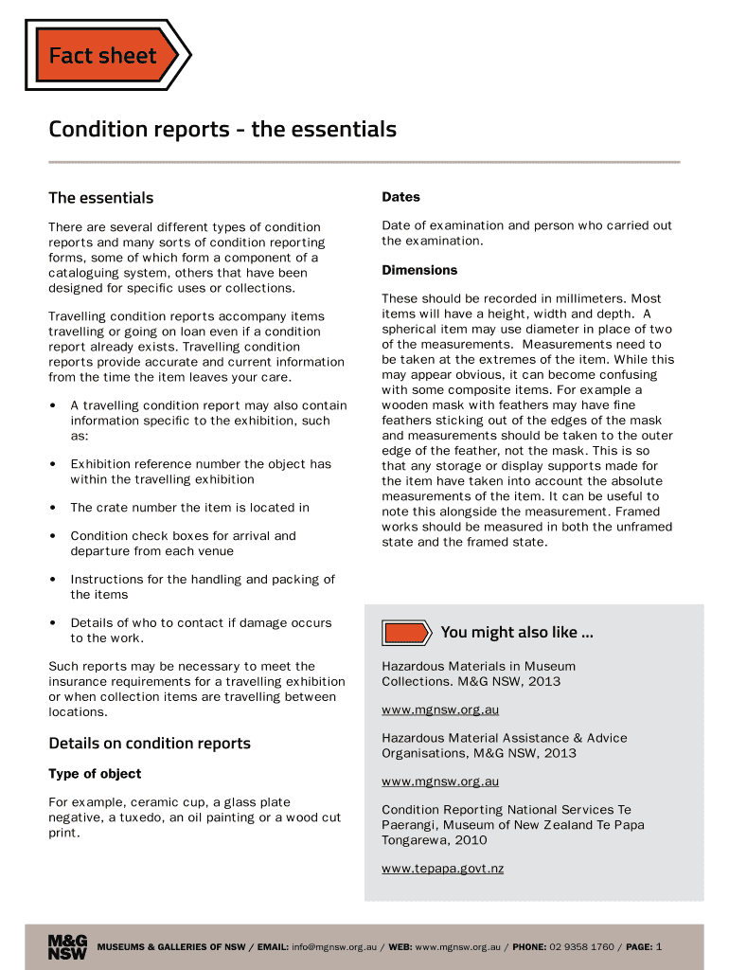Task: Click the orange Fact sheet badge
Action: click(x=104, y=56)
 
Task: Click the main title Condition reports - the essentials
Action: click(x=222, y=129)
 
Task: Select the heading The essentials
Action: click(x=100, y=198)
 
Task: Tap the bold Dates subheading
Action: click(x=400, y=197)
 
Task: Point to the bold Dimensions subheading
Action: click(x=419, y=270)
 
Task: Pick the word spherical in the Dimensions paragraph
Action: click(x=414, y=329)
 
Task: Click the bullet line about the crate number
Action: click(x=189, y=508)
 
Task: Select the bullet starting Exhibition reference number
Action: click(x=201, y=472)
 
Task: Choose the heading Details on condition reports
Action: click(x=150, y=744)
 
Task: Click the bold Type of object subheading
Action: click(x=95, y=774)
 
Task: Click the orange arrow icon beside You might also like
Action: click(x=406, y=633)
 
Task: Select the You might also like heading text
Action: click(x=517, y=633)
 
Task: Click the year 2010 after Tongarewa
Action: click(x=471, y=840)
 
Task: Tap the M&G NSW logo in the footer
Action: click(x=67, y=947)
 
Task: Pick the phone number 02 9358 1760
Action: click(x=581, y=947)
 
